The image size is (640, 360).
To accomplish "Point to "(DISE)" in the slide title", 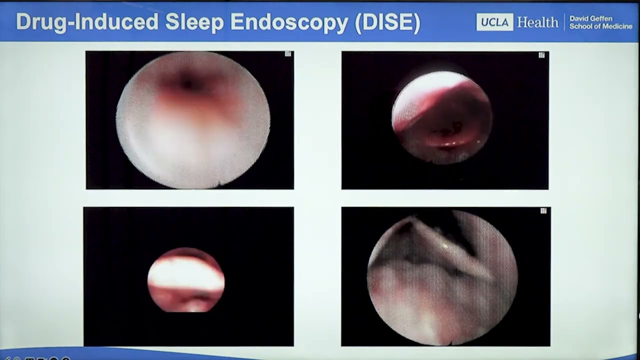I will coord(387,22).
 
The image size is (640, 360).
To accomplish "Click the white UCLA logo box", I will coord(494,22).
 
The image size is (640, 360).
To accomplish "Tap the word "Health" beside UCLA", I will coord(537,22).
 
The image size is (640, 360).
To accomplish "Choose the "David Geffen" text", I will coord(590,18).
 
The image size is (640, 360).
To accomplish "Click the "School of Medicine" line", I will coord(600,26).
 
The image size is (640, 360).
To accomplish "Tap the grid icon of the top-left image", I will coord(288,54).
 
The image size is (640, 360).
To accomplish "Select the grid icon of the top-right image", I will coord(541,55).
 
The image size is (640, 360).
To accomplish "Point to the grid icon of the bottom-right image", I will coord(543,211).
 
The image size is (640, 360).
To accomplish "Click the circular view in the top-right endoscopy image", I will coord(442,117).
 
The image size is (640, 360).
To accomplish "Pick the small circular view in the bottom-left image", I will coord(186,280).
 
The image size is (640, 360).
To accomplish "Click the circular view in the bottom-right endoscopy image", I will coord(442,277).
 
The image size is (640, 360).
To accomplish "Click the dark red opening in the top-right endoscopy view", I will coord(447,135).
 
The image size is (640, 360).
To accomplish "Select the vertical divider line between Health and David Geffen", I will coord(563,22).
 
